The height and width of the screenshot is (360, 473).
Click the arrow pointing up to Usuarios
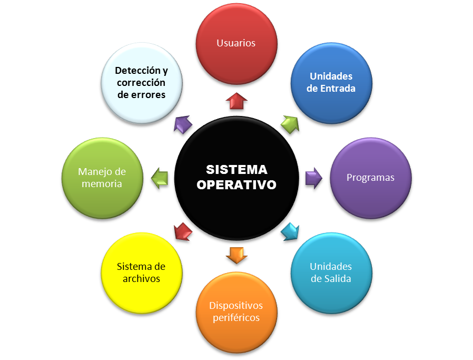coord(236,101)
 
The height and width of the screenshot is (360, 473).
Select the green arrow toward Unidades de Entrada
coord(290,125)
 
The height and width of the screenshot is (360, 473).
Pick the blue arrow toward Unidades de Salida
coord(290,231)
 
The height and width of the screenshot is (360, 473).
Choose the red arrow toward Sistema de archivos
coord(182,231)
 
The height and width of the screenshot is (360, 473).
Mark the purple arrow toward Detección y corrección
coord(182,125)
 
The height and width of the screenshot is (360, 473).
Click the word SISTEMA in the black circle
coord(236,170)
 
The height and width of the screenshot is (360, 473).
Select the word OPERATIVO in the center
coord(236,186)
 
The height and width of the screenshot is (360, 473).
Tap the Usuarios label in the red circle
coord(236,43)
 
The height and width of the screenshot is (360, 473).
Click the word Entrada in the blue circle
coord(338,89)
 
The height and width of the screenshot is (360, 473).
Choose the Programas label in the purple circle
coord(370,178)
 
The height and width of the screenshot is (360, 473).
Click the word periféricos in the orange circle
coord(236,318)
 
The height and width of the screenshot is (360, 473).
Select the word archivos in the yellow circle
coord(141,279)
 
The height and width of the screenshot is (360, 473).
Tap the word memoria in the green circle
coord(102,184)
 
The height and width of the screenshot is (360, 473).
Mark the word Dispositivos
coord(236,306)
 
